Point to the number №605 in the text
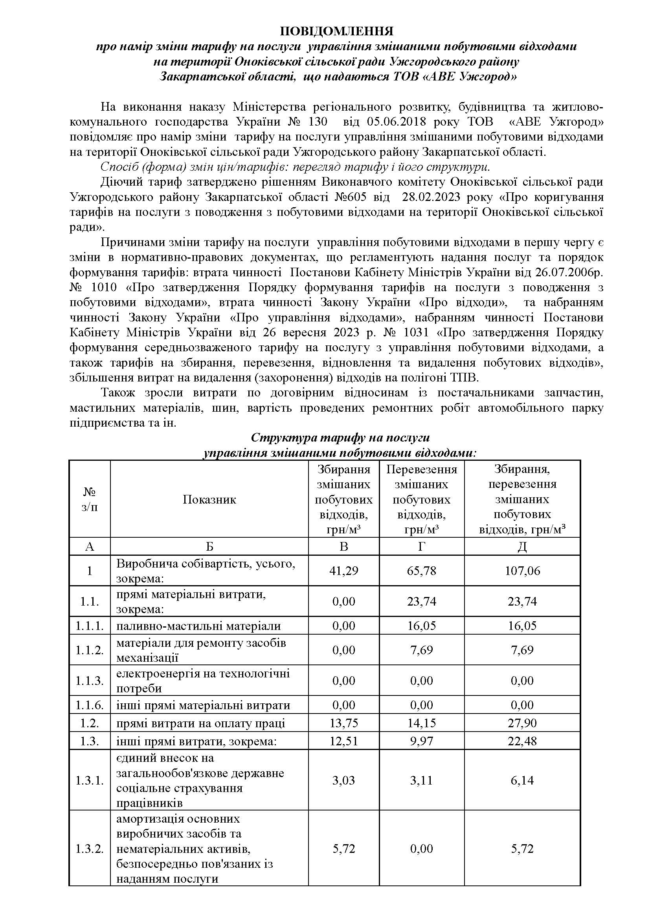(351, 197)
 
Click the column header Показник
(209, 499)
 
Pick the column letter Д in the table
(522, 546)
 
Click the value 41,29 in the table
(343, 571)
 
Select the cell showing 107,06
(522, 571)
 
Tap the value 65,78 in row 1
(421, 571)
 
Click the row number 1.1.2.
(90, 650)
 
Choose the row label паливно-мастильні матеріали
(198, 626)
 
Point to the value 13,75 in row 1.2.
(343, 723)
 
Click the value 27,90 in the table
(522, 723)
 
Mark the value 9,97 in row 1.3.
(421, 741)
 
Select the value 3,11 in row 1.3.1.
(421, 781)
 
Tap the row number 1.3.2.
(90, 849)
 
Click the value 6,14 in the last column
(522, 781)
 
